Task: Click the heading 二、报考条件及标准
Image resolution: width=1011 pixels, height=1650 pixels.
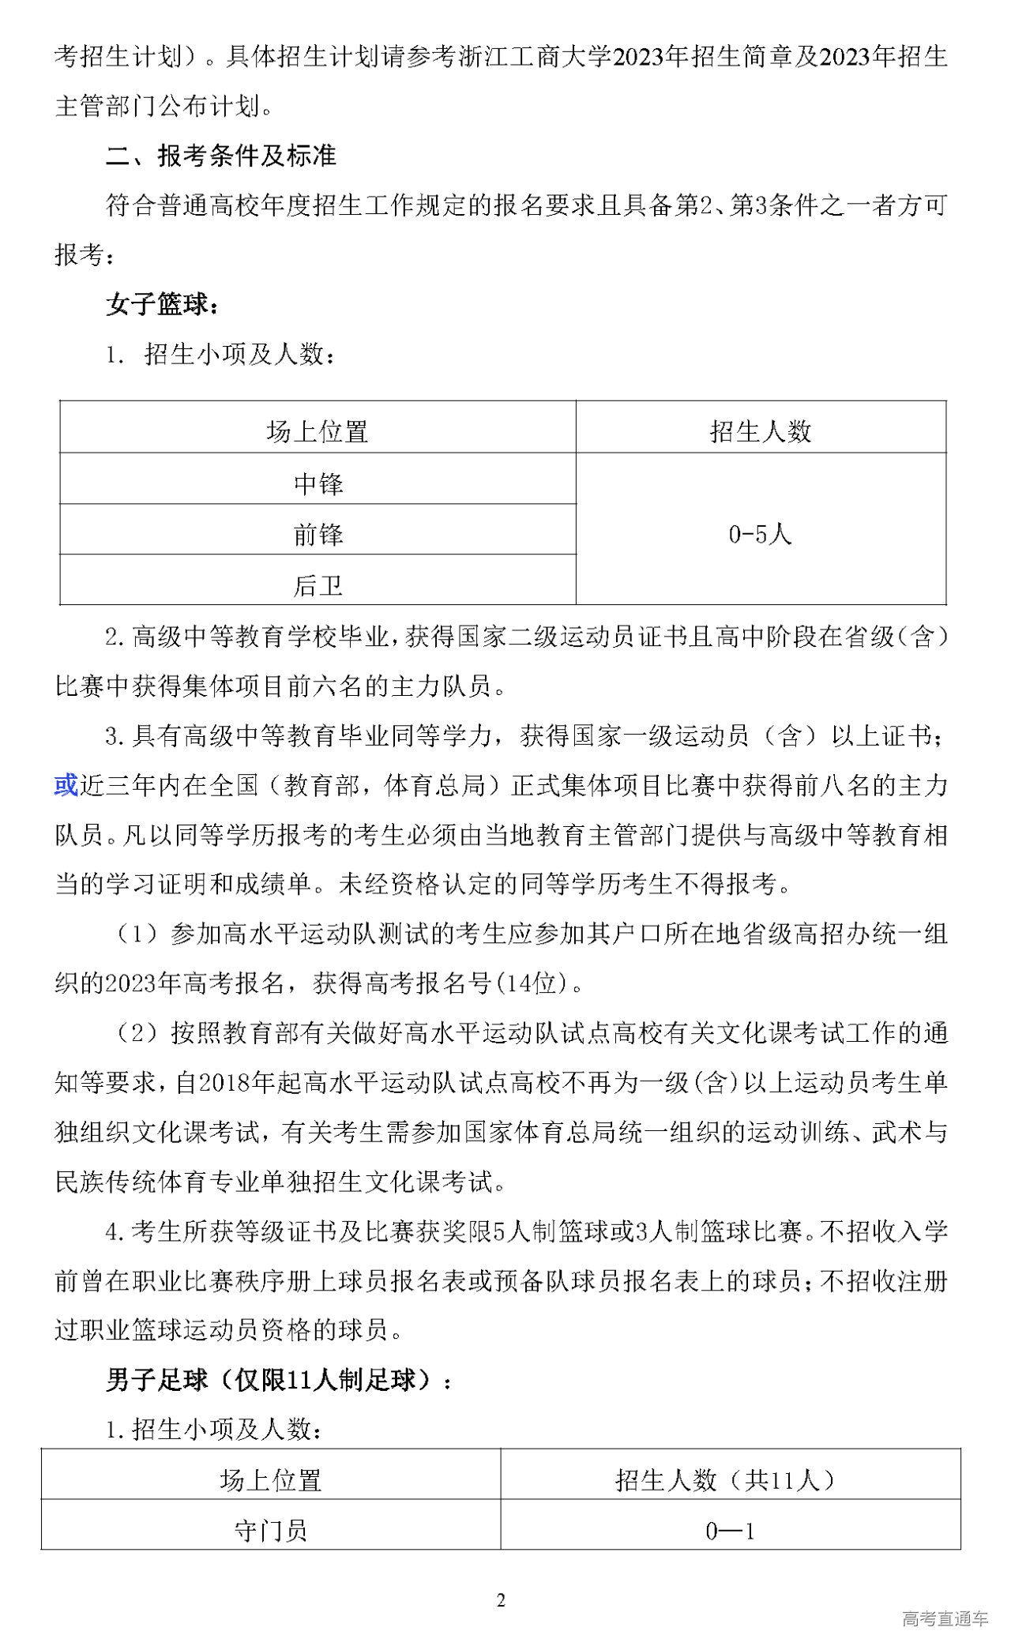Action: coord(221,156)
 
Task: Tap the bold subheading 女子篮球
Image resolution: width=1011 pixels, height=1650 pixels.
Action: coord(162,304)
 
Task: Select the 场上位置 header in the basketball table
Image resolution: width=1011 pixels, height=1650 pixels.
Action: coord(318,431)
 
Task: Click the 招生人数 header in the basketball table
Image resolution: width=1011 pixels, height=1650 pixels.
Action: coord(761,431)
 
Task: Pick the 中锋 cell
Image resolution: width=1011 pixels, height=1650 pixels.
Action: coord(318,483)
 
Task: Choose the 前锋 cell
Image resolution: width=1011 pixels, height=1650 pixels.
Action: coord(318,535)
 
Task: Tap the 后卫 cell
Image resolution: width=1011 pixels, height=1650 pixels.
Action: coord(318,585)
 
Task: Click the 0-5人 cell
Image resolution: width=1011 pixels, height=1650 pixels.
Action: coord(761,534)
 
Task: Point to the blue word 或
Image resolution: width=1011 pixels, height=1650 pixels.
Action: coord(66,785)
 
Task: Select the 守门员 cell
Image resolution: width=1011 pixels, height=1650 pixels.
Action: coord(271,1531)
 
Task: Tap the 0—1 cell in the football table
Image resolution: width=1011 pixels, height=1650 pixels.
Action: coord(730,1532)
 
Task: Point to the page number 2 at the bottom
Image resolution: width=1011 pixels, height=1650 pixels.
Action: coord(501,1601)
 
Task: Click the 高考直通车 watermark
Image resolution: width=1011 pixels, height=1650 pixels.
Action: coord(945,1618)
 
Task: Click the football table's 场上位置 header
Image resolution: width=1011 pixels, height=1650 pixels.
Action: coord(271,1479)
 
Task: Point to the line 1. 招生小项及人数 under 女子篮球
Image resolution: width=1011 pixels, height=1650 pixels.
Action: coord(221,355)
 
